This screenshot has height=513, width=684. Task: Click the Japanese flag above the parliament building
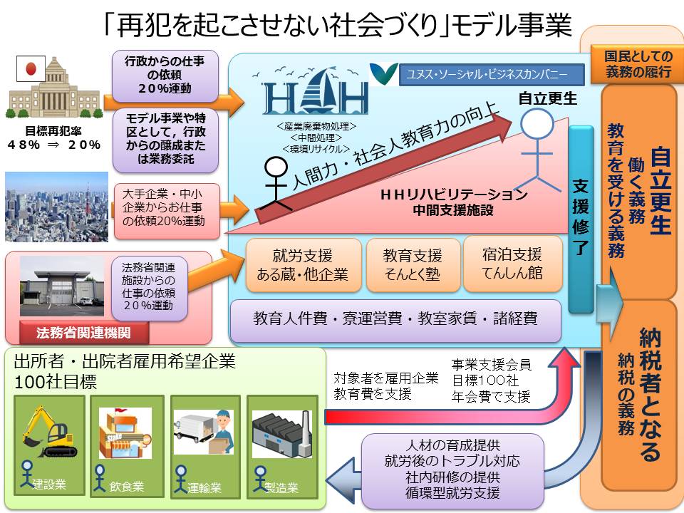pyautogui.click(x=31, y=69)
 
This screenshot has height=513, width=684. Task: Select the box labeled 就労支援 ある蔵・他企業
pyautogui.click(x=304, y=265)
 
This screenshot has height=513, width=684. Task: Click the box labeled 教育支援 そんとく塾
pyautogui.click(x=413, y=265)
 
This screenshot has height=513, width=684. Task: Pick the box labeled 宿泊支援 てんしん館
pyautogui.click(x=512, y=264)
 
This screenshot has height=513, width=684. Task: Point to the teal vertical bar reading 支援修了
pyautogui.click(x=581, y=219)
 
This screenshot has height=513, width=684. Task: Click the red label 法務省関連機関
pyautogui.click(x=84, y=333)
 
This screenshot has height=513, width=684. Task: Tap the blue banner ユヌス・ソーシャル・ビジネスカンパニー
pyautogui.click(x=492, y=75)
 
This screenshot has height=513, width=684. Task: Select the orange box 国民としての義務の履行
pyautogui.click(x=637, y=64)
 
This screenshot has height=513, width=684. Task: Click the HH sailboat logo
pyautogui.click(x=315, y=92)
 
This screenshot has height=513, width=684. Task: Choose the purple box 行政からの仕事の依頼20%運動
pyautogui.click(x=165, y=76)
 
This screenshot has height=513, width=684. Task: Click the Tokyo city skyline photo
pyautogui.click(x=57, y=207)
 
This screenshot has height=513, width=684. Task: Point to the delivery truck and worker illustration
pyautogui.click(x=204, y=432)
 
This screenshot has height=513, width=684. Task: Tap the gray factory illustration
pyautogui.click(x=282, y=434)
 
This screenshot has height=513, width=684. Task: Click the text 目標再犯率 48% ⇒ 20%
pyautogui.click(x=53, y=138)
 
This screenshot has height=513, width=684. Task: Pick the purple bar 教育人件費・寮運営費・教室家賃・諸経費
pyautogui.click(x=395, y=320)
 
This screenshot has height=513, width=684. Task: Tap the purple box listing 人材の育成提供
pyautogui.click(x=453, y=470)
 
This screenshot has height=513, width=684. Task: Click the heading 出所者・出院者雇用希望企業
pyautogui.click(x=125, y=362)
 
